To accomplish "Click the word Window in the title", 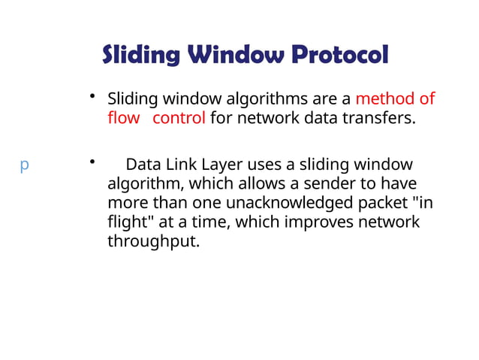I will pyautogui.click(x=234, y=55).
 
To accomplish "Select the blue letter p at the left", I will pyautogui.click(x=24, y=165).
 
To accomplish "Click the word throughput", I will pyautogui.click(x=153, y=243).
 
